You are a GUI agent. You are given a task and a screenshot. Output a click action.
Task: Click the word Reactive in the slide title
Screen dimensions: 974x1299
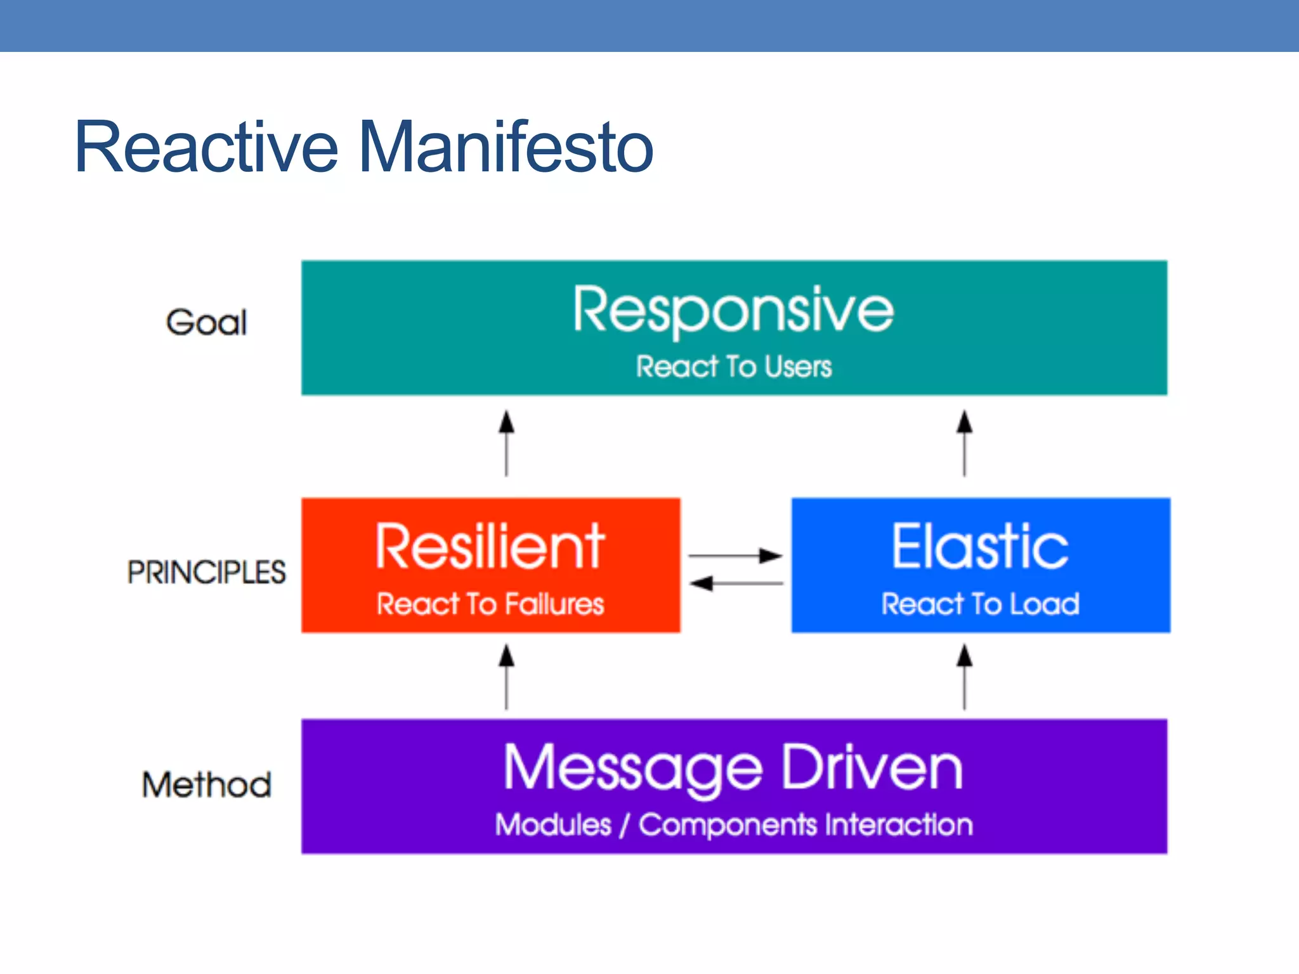207,148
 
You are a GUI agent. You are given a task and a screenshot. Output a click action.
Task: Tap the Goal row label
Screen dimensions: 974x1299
206,322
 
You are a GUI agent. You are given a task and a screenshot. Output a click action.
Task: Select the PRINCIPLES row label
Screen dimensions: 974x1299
206,572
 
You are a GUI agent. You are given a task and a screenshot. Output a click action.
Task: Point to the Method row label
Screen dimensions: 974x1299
207,784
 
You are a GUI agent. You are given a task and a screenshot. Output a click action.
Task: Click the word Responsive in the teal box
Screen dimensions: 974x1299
733,310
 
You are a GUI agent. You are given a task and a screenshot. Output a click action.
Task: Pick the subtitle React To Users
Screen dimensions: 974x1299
733,367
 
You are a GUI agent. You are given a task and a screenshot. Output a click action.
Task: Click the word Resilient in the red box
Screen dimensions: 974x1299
490,547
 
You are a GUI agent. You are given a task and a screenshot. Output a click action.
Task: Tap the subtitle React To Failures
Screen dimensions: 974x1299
490,604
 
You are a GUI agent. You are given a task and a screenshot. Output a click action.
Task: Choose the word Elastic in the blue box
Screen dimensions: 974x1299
980,547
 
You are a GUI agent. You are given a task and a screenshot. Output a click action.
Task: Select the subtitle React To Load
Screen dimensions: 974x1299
980,604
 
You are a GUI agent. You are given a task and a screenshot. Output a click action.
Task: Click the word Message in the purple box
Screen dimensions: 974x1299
632,769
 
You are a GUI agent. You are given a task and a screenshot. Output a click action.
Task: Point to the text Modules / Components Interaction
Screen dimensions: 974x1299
733,824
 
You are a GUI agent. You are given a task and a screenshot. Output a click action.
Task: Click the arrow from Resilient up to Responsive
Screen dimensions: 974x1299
506,443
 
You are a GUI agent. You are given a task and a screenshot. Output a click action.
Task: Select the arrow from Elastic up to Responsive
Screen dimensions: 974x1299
964,443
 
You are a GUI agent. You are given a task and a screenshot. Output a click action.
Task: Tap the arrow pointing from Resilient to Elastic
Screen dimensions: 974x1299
735,555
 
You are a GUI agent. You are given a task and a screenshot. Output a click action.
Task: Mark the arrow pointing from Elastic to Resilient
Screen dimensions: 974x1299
735,583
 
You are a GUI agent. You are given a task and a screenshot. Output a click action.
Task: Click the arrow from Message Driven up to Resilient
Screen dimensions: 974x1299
506,677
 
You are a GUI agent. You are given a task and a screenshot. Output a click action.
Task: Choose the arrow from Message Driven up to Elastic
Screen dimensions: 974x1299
964,677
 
